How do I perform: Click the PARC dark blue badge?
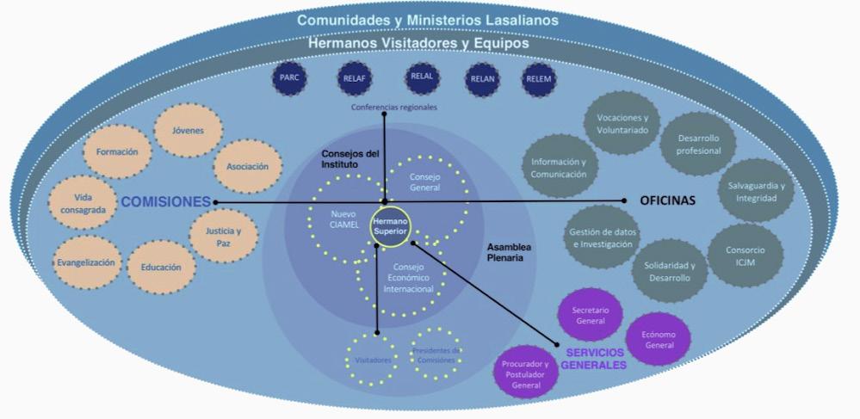click(x=288, y=78)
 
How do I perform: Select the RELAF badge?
click(x=350, y=79)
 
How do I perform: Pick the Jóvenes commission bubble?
click(x=188, y=131)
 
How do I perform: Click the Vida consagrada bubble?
click(x=84, y=203)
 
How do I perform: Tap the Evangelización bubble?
click(x=85, y=262)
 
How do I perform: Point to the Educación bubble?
click(x=161, y=268)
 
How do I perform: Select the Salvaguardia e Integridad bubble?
click(x=752, y=192)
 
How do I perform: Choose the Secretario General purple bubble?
click(x=591, y=315)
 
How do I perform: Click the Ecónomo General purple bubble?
click(x=659, y=338)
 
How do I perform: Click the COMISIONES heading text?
click(x=165, y=202)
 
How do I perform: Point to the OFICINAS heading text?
click(x=667, y=200)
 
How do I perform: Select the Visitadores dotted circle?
click(x=371, y=359)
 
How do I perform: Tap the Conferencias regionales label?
click(x=393, y=108)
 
